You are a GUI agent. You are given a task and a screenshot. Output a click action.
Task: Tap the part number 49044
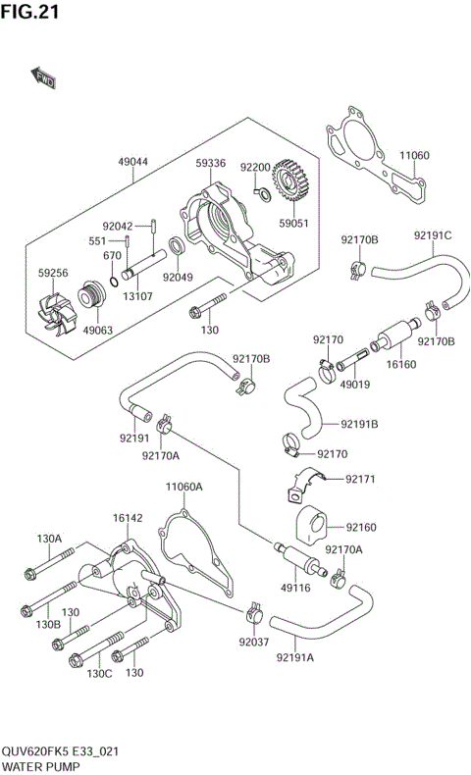[x=135, y=162]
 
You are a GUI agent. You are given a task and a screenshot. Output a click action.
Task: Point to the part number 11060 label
[x=413, y=155]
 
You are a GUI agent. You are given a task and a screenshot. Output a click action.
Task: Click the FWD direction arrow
[x=43, y=77]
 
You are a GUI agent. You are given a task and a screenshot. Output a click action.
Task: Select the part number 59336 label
[x=210, y=162]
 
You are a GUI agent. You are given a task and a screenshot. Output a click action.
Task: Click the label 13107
[x=138, y=295]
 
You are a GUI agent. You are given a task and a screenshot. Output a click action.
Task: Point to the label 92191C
[x=432, y=235]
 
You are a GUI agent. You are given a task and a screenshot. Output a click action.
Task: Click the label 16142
[x=128, y=517]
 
